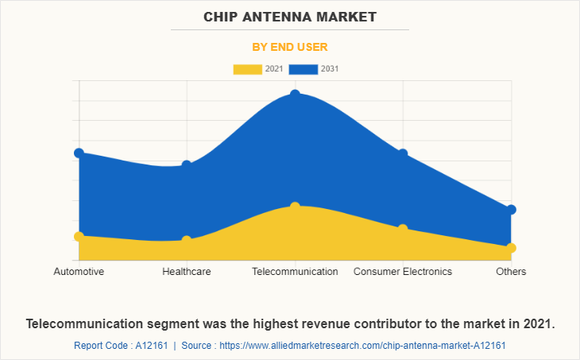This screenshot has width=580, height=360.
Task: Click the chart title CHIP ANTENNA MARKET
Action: click(290, 17)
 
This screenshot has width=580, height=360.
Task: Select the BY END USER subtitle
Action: click(290, 47)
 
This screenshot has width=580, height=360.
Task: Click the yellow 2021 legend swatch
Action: click(246, 69)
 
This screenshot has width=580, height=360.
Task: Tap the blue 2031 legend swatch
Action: click(303, 69)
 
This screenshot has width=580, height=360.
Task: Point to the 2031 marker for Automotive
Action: click(79, 153)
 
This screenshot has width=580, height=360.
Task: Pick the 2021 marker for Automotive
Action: click(79, 236)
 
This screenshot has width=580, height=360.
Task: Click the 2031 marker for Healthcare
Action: click(187, 165)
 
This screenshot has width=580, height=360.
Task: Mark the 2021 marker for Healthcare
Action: click(187, 240)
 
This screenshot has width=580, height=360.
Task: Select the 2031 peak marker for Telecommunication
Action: click(295, 95)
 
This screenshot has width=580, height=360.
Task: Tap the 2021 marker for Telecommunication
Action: click(295, 207)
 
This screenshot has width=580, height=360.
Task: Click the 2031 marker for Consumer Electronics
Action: click(403, 153)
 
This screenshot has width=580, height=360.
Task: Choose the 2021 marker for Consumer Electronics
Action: click(403, 229)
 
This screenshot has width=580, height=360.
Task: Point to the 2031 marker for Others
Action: click(511, 210)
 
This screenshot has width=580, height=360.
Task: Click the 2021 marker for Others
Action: click(511, 248)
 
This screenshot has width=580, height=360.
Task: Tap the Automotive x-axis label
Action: click(79, 272)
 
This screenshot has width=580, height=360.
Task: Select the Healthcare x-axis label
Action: click(187, 272)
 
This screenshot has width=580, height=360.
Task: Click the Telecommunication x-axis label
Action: click(295, 272)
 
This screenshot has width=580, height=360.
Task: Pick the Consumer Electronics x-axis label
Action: click(403, 272)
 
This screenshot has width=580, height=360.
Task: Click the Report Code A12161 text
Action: click(123, 346)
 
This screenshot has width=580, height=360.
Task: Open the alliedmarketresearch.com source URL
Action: click(362, 346)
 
